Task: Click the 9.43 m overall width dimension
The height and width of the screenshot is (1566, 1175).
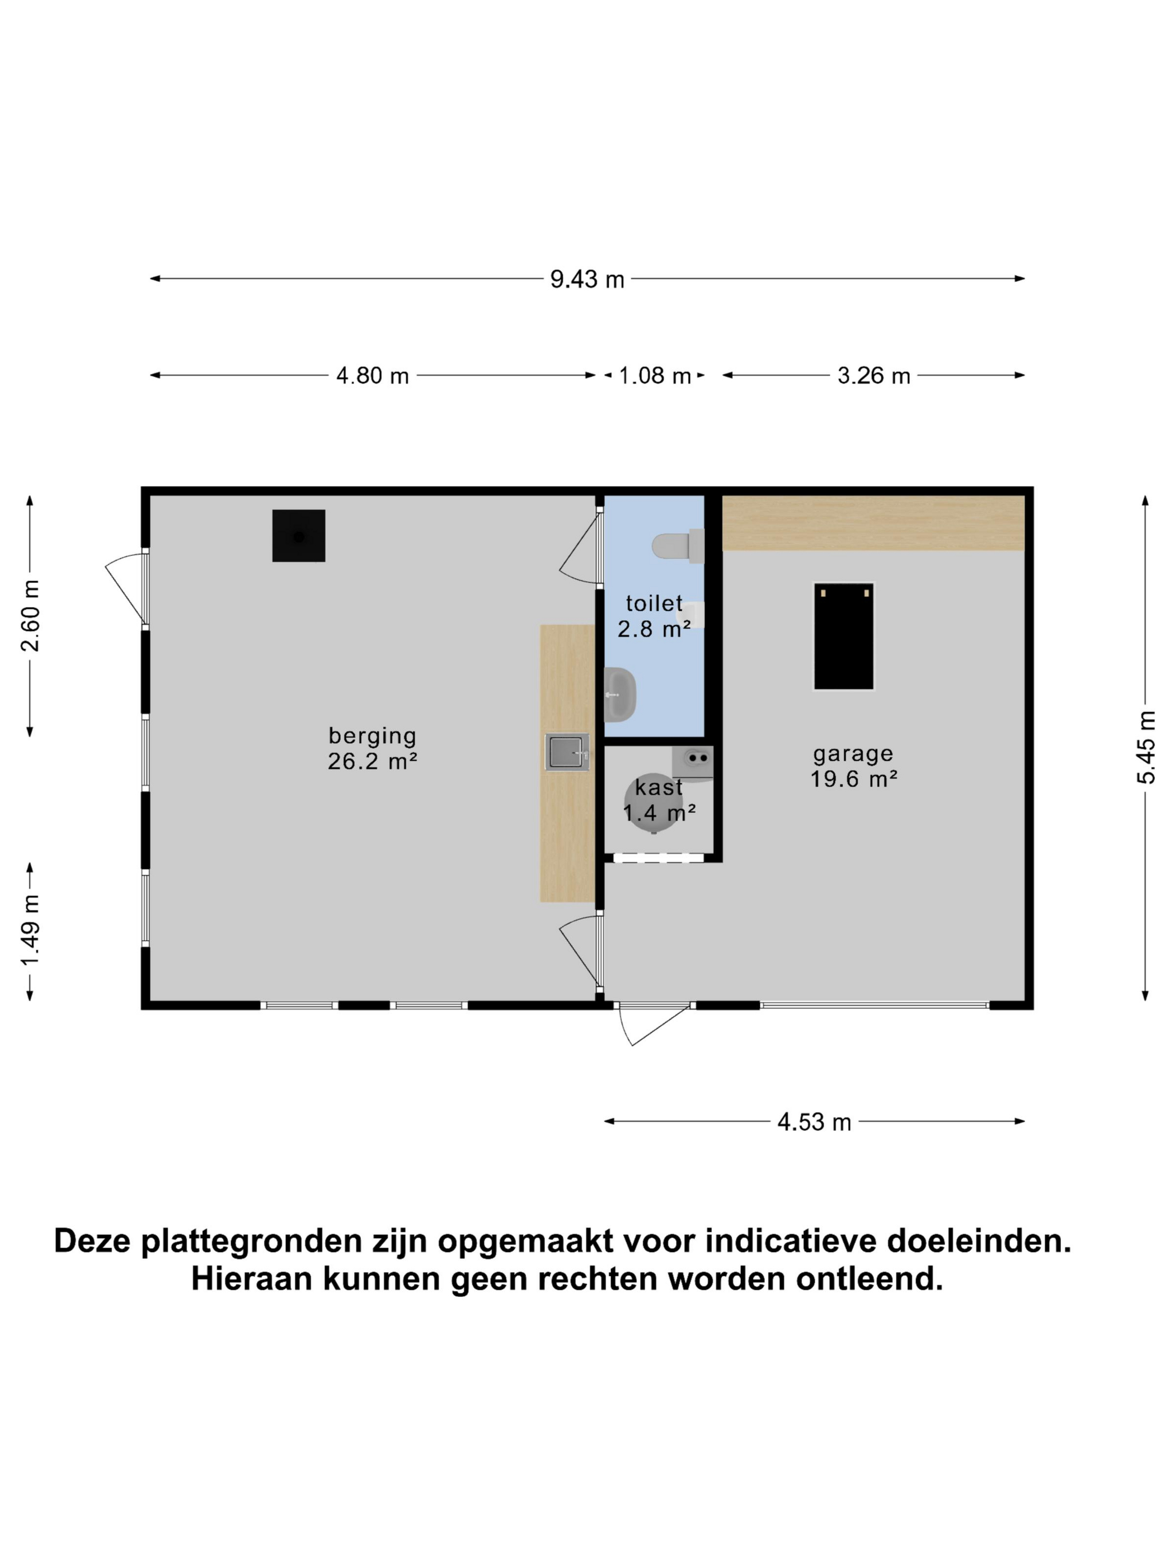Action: coord(587,279)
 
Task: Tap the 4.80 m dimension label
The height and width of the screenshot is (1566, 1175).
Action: coord(373,375)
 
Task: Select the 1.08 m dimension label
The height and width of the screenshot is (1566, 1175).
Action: coord(655,375)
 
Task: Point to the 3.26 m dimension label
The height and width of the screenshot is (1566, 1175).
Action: coord(873,375)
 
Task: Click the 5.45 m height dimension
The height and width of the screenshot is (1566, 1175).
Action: coord(1146,747)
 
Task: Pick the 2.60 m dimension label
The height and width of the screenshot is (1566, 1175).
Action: coord(30,615)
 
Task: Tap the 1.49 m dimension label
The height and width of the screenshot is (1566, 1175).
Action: coord(30,929)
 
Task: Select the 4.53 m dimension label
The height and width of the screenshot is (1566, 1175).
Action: coord(814,1122)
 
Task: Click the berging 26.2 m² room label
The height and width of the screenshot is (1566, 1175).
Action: coord(373,748)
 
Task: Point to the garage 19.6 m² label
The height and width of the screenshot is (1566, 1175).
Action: coord(853,766)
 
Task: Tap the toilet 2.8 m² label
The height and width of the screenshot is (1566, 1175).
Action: coord(654,616)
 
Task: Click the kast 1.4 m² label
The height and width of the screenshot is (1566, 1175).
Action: coord(659,800)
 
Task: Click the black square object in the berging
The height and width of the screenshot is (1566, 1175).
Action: coord(299,536)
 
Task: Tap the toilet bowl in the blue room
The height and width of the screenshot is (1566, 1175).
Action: coord(673,546)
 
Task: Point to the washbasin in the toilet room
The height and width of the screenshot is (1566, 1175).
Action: coord(621,695)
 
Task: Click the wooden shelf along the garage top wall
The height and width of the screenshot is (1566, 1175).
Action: coord(872,523)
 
